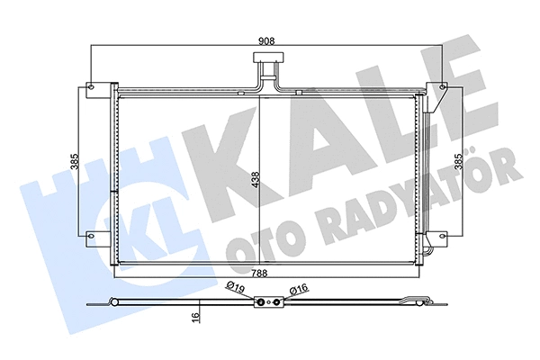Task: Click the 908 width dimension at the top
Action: click(266, 40)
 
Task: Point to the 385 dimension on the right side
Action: click(458, 162)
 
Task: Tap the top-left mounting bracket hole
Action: click(89, 88)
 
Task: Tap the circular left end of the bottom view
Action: click(110, 302)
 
